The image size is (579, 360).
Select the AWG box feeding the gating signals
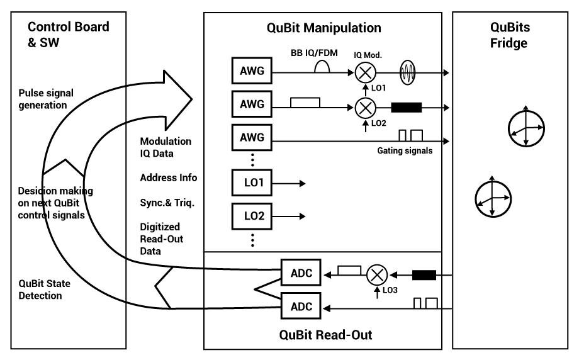[x=252, y=136]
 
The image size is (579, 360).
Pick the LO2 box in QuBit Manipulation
[x=252, y=216]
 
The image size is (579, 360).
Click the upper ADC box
[x=301, y=274]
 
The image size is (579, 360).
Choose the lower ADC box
[x=301, y=307]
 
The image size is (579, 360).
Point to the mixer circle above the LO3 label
[x=376, y=274]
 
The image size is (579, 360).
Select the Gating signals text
[x=405, y=151]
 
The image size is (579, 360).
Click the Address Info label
[x=168, y=178]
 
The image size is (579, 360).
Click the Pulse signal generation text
[x=46, y=99]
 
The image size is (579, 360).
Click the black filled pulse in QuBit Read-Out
[x=424, y=274]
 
